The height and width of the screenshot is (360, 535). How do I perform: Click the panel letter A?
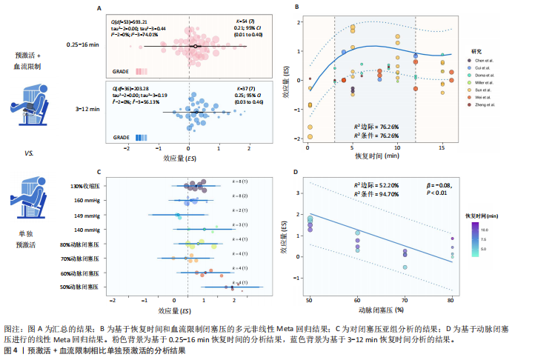pos(99,8)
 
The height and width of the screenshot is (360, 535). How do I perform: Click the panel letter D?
pos(296,172)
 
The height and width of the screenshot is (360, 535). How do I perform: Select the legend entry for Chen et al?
pos(483,60)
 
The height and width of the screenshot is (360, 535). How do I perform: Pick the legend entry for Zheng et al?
pos(484,105)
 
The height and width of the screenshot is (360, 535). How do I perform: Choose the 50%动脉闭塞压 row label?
pos(79,287)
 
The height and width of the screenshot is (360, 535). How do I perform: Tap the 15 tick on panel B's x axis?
pos(442,148)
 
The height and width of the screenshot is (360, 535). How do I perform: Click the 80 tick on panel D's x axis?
pos(451,300)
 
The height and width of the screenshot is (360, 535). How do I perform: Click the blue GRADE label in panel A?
pos(122,137)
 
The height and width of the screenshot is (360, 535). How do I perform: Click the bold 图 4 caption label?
pos(12,349)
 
